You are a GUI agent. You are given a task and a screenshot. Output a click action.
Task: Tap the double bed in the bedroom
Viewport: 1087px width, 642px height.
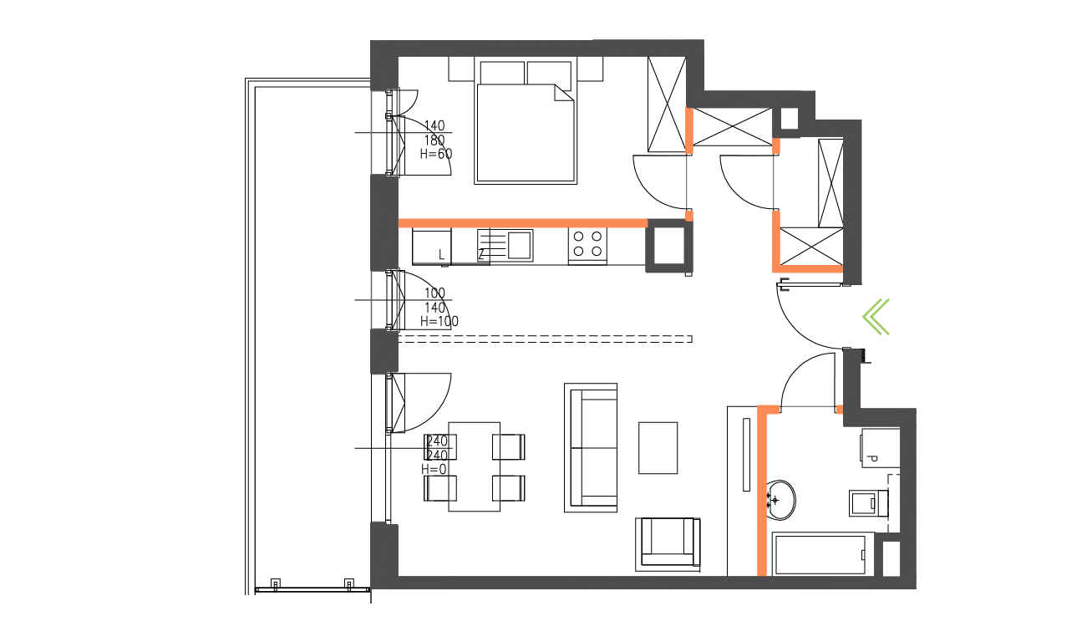click(526, 125)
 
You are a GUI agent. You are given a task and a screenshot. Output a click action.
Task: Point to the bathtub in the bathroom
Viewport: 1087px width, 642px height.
click(822, 554)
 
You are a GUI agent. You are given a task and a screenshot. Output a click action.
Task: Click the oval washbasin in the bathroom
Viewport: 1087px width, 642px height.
click(781, 500)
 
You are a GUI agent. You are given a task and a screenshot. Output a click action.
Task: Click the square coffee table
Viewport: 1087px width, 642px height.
click(658, 448)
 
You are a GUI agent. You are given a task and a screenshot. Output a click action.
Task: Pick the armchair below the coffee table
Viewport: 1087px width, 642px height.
click(668, 543)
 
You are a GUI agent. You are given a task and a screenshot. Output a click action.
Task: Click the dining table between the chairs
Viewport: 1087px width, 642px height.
click(475, 466)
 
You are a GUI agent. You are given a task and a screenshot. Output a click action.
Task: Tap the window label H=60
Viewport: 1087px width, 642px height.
click(435, 154)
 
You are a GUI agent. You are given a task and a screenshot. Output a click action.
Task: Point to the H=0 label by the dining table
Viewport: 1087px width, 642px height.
click(434, 469)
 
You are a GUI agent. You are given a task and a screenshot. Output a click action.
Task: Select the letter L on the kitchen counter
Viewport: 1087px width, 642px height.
click(442, 254)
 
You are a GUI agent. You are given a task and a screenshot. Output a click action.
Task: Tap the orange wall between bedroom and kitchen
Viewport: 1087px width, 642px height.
click(522, 223)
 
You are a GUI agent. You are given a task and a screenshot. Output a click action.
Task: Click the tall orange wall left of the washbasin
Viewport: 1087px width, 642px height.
click(762, 493)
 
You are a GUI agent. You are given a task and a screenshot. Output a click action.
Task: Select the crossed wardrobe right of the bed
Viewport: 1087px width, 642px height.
click(668, 104)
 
